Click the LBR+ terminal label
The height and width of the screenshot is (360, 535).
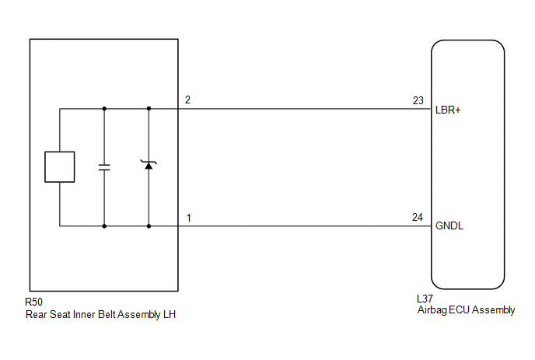(x=448, y=110)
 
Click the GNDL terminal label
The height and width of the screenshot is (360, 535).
(x=449, y=225)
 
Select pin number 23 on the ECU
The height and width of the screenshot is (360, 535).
(x=418, y=100)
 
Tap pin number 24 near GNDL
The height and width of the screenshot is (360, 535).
(x=418, y=218)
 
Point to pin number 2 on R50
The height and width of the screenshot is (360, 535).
(x=187, y=100)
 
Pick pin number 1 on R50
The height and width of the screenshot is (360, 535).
(x=188, y=218)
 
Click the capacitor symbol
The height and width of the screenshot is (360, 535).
(x=104, y=167)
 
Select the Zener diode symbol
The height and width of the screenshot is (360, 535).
(x=149, y=165)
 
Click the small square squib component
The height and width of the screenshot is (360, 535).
(x=60, y=167)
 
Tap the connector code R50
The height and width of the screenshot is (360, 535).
(x=33, y=302)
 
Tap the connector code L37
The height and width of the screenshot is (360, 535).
(x=425, y=299)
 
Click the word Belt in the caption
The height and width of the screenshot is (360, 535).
(x=107, y=314)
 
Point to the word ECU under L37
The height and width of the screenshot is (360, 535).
(x=460, y=309)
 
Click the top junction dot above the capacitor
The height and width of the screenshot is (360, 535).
(x=104, y=109)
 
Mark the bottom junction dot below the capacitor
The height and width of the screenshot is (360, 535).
(x=104, y=226)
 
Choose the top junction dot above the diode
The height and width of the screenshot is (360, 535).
(x=149, y=109)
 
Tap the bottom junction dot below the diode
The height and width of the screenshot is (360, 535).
(x=149, y=226)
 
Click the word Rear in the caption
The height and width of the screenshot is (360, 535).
(x=37, y=314)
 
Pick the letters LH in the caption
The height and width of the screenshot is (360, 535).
(x=170, y=314)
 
